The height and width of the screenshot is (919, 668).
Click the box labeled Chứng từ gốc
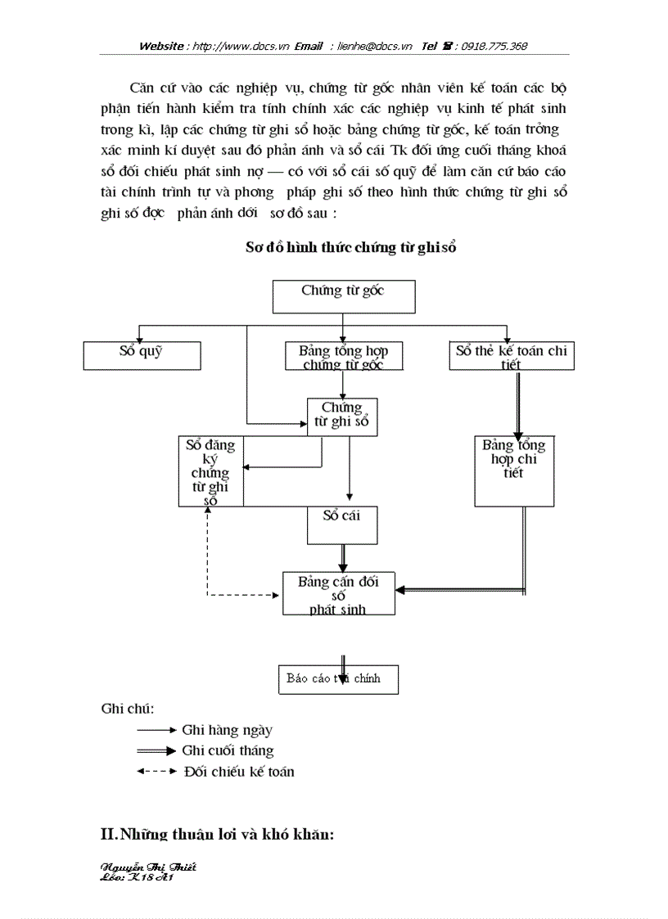tap(343, 296)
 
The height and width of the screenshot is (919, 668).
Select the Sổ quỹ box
tap(142, 355)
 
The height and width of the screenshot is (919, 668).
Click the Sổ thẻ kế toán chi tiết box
tap(512, 356)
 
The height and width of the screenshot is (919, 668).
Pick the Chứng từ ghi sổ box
tap(341, 417)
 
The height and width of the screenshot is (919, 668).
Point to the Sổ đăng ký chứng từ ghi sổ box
tap(210, 471)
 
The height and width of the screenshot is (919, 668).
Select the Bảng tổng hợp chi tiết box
tap(513, 471)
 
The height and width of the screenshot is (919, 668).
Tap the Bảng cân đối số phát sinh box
tap(339, 593)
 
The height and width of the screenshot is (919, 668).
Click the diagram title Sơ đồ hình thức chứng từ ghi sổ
tap(350, 247)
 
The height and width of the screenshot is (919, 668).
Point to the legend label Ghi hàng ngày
tap(228, 730)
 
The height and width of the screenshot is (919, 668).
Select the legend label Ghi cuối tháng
tap(228, 750)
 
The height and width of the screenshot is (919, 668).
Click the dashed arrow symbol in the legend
tap(156, 771)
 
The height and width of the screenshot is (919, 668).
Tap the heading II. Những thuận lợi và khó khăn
tap(218, 835)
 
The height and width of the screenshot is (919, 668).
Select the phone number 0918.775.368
tap(494, 47)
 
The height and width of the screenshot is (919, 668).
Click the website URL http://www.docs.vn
tap(240, 47)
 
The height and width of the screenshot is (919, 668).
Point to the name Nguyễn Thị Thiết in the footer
tap(147, 866)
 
